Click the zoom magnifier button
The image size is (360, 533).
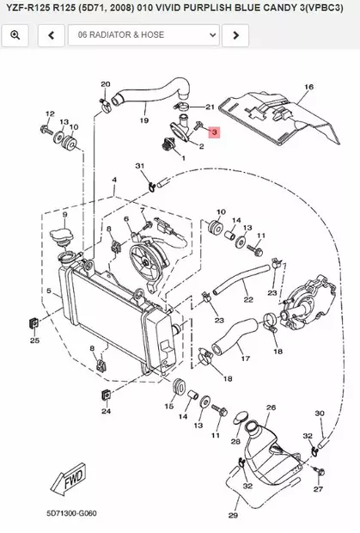click(15, 35)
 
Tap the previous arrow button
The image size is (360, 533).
click(52, 35)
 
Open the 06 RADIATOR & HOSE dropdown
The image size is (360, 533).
click(143, 35)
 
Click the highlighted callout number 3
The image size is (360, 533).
click(214, 132)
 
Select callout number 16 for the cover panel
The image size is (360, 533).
click(308, 87)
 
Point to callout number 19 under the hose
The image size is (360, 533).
click(144, 120)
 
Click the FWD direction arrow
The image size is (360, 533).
click(69, 480)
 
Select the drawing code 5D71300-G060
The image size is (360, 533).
click(71, 513)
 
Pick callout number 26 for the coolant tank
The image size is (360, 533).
click(271, 407)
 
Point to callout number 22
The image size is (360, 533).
click(248, 299)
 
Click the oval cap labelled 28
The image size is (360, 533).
click(241, 418)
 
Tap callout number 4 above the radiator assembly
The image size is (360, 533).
click(114, 180)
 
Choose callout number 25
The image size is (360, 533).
click(34, 340)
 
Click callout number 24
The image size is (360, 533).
click(106, 411)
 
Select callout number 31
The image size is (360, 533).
click(140, 166)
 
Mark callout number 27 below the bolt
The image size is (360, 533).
click(318, 489)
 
